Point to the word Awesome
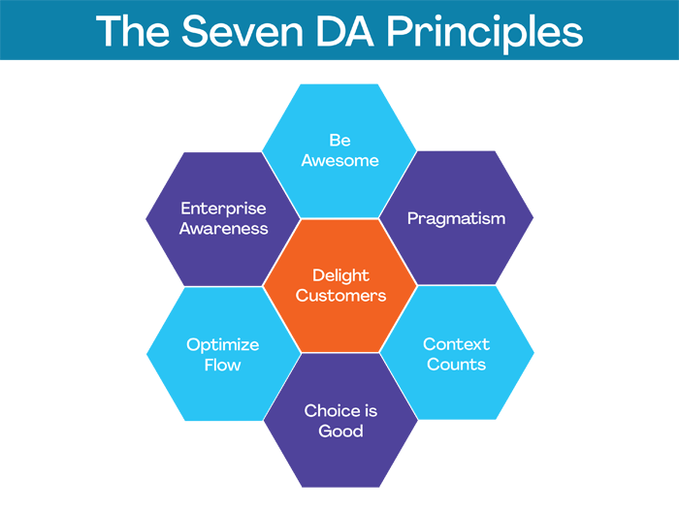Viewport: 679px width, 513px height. point(339,161)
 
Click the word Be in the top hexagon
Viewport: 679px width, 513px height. point(339,141)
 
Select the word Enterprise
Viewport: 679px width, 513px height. point(223,208)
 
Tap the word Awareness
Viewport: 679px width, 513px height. point(223,229)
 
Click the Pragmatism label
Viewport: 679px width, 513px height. point(456,218)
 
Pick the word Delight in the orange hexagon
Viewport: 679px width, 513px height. point(340,276)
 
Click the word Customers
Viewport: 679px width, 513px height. point(340,296)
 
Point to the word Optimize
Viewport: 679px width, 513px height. point(223,345)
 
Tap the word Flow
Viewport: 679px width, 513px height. point(223,366)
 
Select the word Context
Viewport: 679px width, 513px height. point(456,344)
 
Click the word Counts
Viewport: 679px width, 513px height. point(456,365)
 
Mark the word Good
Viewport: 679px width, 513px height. point(340,431)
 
